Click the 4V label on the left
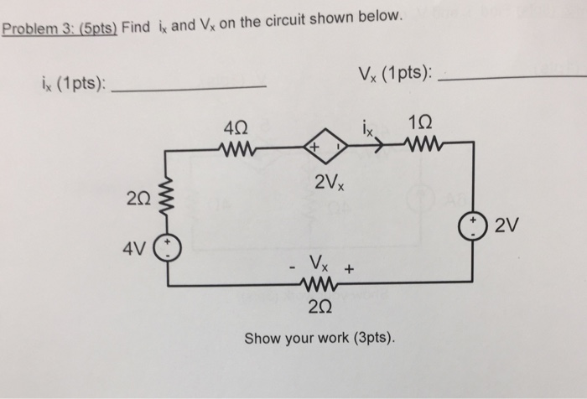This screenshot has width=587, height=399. (134, 250)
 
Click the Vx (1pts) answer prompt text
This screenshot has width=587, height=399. (392, 74)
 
